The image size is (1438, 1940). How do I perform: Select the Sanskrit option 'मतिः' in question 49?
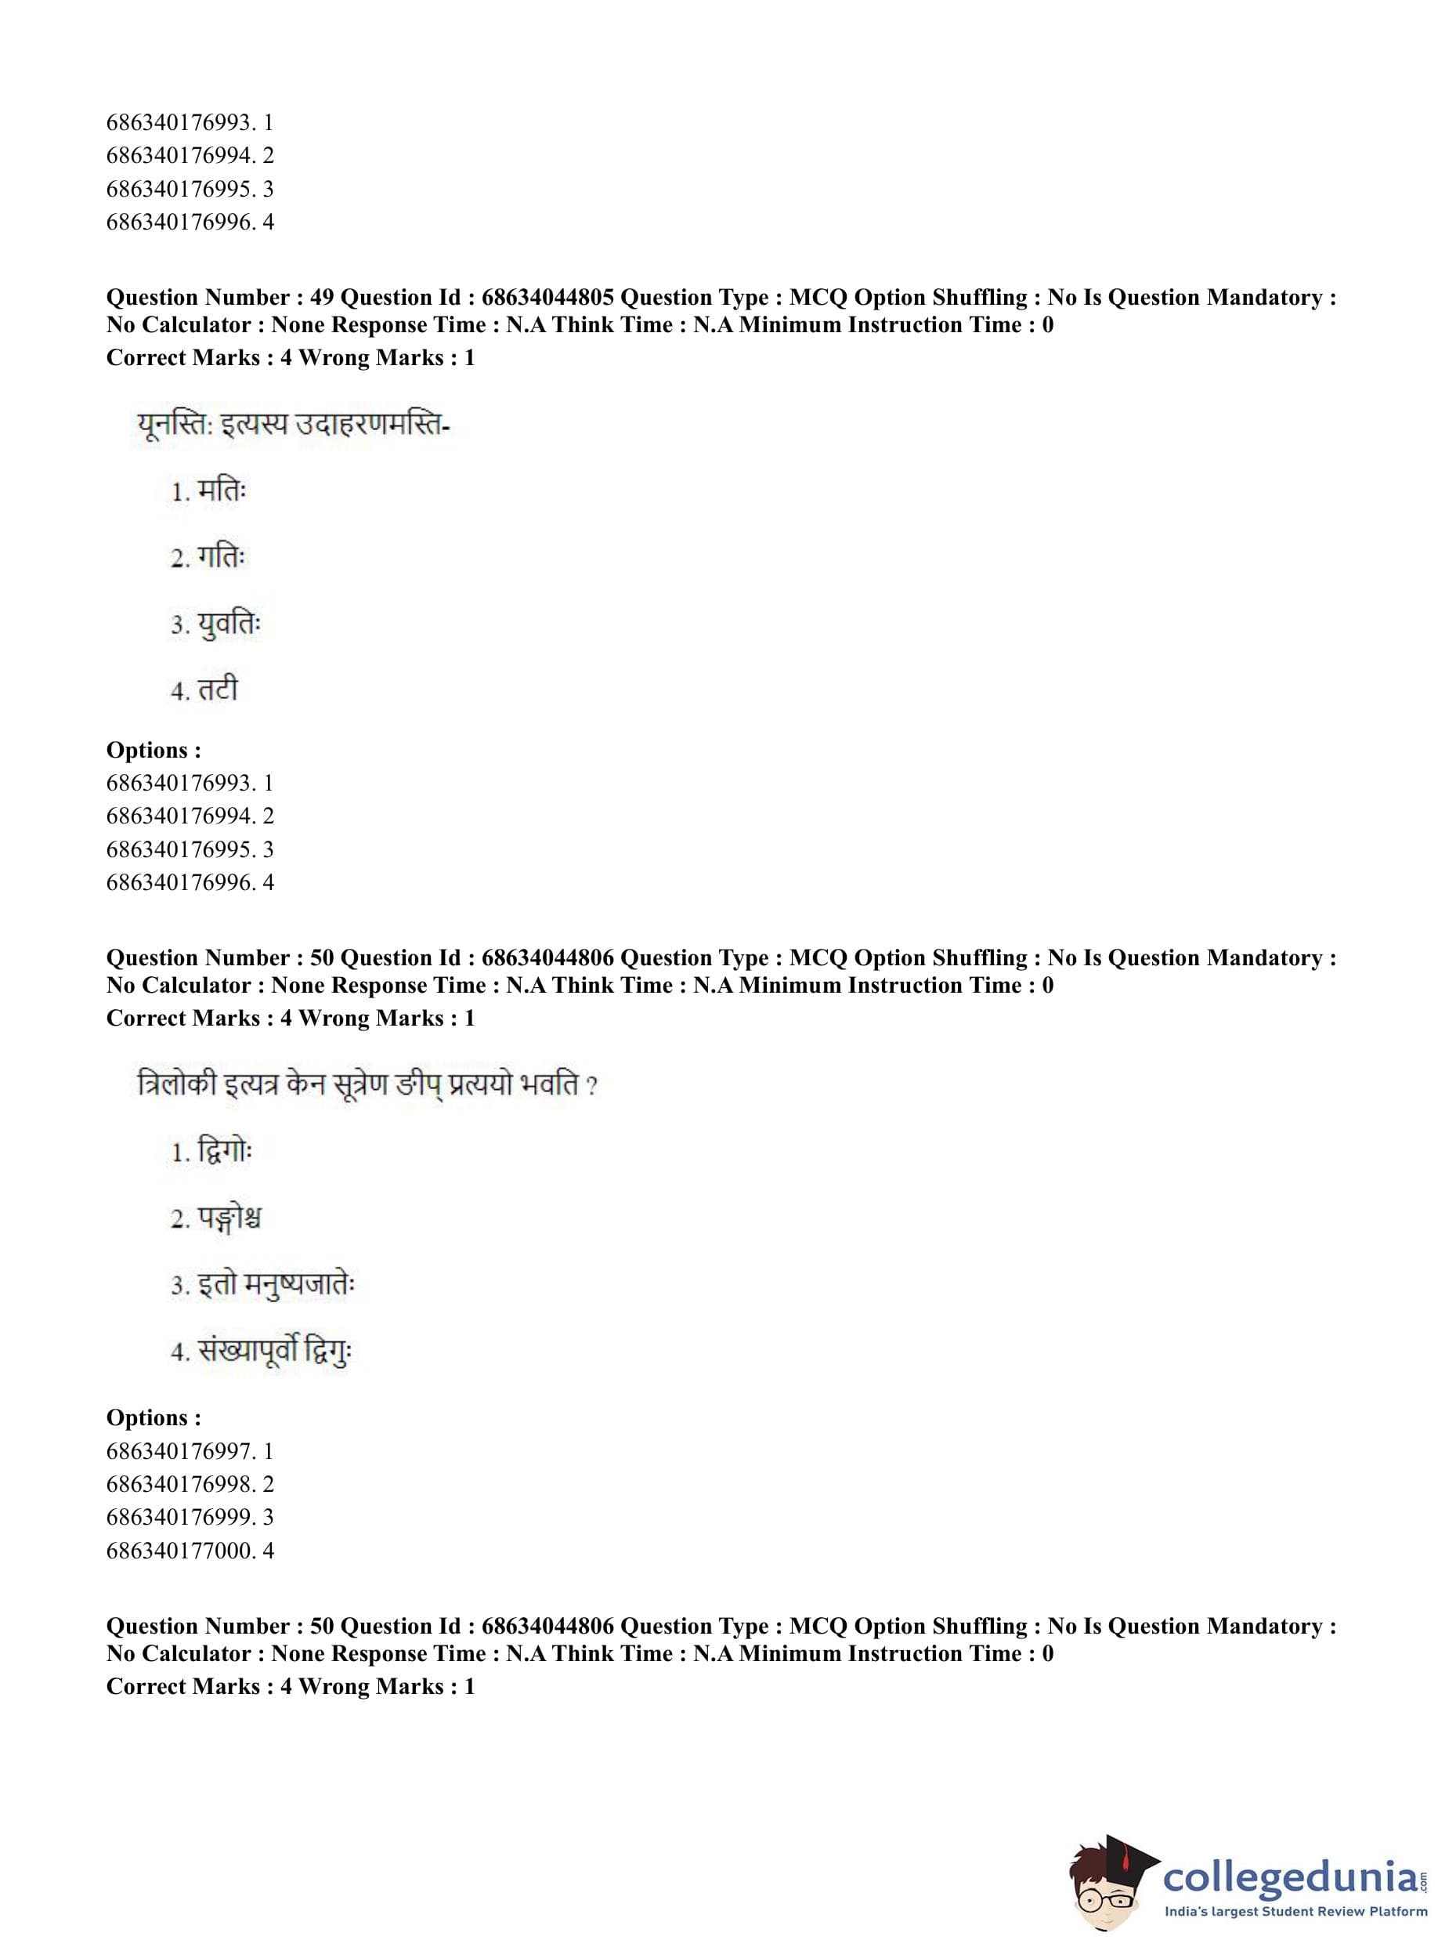point(222,491)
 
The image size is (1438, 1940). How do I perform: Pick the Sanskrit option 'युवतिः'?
point(229,625)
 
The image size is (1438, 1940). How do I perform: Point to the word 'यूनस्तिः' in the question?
point(174,425)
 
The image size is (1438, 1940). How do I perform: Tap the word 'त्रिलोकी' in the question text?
point(177,1085)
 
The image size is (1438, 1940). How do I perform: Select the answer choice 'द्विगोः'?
point(225,1152)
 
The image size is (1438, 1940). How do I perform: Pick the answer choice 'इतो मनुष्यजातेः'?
point(276,1285)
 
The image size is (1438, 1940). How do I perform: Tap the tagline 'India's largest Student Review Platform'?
point(1295,1911)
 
